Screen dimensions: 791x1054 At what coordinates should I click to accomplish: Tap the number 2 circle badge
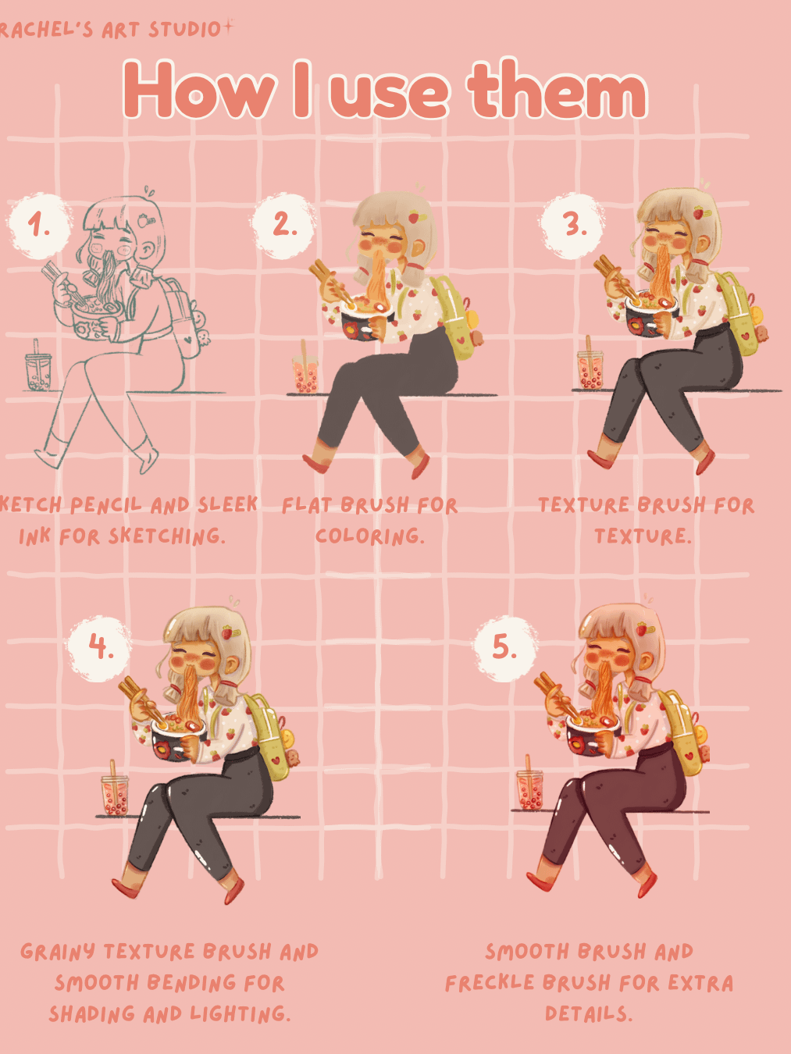click(283, 225)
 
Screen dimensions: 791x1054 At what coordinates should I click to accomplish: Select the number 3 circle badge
click(572, 225)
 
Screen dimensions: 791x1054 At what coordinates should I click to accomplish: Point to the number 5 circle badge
click(504, 648)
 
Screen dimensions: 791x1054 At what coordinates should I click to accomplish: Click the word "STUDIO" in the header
click(185, 30)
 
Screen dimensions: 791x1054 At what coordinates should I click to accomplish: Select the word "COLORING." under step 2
click(370, 536)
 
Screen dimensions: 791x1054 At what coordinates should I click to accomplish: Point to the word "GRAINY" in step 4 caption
click(58, 952)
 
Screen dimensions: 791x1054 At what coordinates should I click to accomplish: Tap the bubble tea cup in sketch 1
click(38, 368)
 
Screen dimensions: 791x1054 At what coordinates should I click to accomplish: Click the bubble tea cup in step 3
click(590, 366)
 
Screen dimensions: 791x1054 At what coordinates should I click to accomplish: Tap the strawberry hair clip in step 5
click(642, 628)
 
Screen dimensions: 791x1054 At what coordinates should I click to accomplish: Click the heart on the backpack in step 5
click(689, 757)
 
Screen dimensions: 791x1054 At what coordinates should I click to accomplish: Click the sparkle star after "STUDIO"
click(229, 27)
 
